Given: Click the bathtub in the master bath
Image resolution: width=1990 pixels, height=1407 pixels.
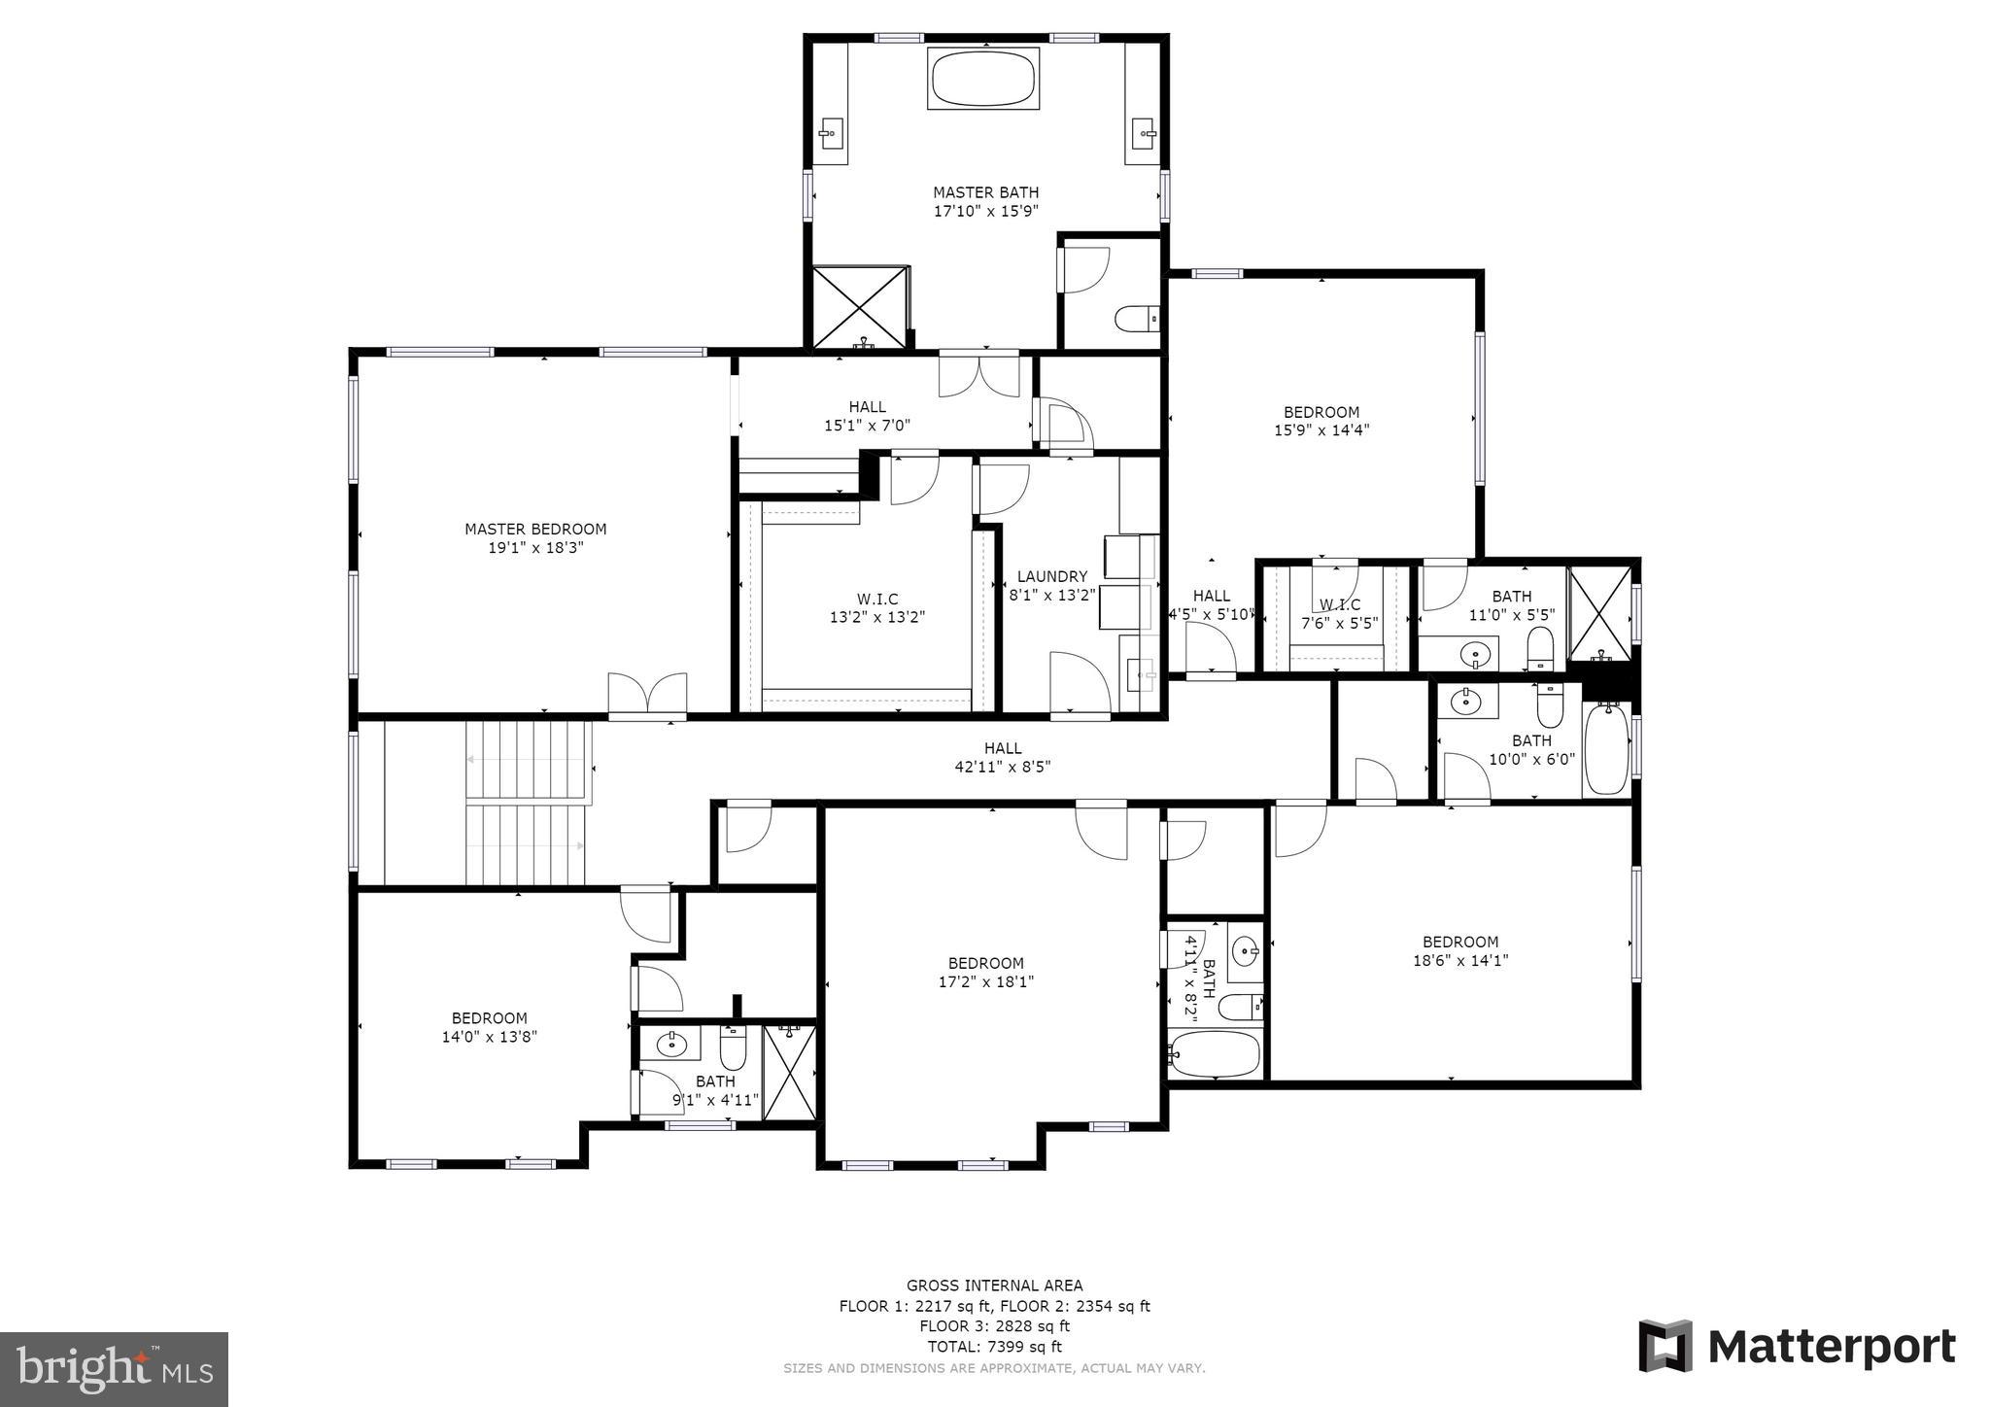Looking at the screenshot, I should coord(983,79).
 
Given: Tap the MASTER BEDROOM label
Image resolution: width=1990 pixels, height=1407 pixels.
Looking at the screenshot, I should coord(535,530).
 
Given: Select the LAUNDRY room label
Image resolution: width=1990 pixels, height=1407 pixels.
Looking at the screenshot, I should coord(1052,576).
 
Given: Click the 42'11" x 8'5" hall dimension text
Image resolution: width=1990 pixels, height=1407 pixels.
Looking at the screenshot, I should coord(1003,767).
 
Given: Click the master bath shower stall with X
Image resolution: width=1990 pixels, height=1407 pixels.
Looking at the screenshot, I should coord(859,306).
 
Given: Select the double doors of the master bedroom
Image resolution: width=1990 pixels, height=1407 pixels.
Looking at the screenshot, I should coord(647,695).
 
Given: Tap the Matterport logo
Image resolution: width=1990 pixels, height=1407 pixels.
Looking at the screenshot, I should coord(1798,1347).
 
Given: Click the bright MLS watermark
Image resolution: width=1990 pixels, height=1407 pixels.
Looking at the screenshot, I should coord(115,1370).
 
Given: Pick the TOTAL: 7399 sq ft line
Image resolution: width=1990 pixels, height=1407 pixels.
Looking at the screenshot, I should coord(995,1347).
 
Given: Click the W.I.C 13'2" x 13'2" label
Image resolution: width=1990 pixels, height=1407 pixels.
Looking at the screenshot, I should coord(876,608).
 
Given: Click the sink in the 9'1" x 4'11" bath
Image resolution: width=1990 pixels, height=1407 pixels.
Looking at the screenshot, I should coord(670,1046).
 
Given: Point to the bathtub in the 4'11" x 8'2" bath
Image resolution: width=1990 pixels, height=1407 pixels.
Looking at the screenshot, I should coord(1216,1055).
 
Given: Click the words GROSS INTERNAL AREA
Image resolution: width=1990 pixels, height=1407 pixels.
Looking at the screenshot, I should coord(994,1286).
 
